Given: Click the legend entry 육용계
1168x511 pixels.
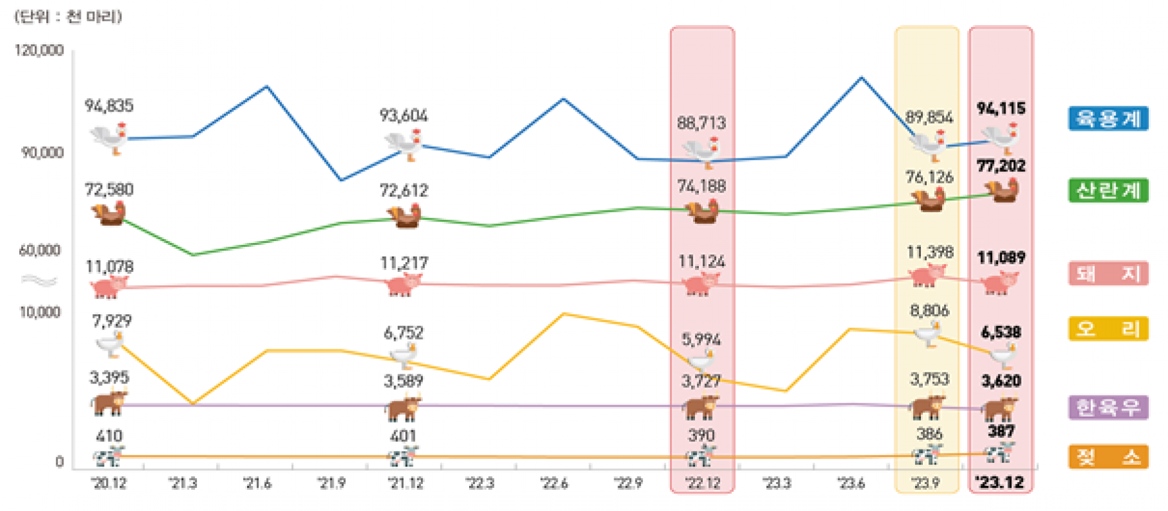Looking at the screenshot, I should (x=1108, y=119).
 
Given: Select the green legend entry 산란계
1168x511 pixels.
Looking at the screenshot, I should (x=1108, y=190).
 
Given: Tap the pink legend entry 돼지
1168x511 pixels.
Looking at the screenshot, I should (x=1108, y=274).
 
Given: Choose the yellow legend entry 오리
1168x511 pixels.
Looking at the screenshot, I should (x=1108, y=329).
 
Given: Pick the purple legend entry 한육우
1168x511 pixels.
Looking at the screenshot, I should (x=1108, y=407).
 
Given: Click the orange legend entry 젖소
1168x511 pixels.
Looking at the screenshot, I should (x=1108, y=457).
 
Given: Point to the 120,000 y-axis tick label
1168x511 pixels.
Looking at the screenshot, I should (x=39, y=50).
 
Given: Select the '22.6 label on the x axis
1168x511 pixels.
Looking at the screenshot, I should (x=554, y=483).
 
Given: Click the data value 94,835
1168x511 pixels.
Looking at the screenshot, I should (x=109, y=106).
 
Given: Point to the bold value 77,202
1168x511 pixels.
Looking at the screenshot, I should (x=1001, y=166).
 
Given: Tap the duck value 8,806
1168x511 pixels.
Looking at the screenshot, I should (x=929, y=311).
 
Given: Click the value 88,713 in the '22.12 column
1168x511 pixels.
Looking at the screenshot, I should (x=701, y=123).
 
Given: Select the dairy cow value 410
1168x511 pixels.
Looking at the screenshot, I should (x=109, y=436).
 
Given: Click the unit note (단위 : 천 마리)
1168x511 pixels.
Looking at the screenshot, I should (x=68, y=16).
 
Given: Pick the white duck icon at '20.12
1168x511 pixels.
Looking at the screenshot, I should (x=110, y=344).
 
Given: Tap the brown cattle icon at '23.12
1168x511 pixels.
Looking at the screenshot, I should (x=1000, y=409).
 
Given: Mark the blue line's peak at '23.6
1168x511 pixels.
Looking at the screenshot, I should (x=861, y=78).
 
